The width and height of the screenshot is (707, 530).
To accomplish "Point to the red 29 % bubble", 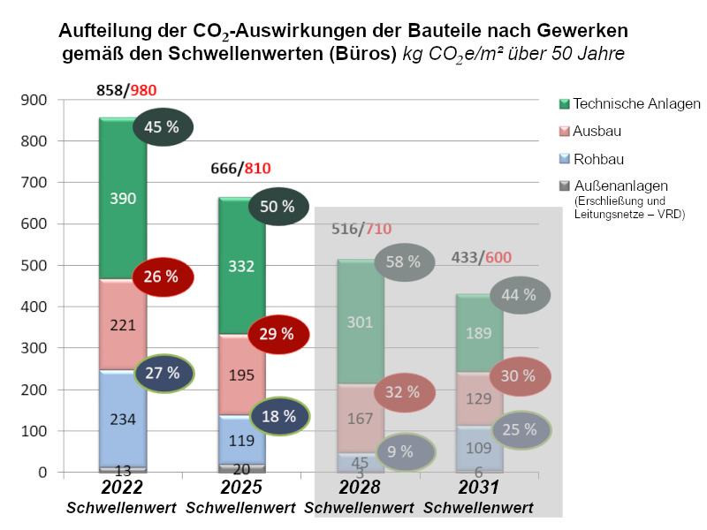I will tap(279, 333).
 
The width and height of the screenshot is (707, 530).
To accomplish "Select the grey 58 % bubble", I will tap(405, 261).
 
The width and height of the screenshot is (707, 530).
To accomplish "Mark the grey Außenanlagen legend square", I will tap(564, 185).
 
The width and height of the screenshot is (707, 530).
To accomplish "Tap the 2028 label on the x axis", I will tap(359, 488).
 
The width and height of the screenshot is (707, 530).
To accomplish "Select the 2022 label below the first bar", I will tap(122, 488).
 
